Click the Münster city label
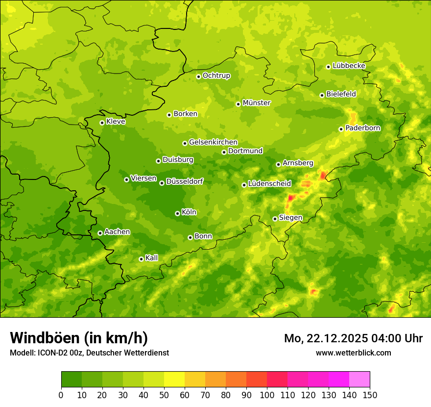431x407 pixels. coord(257,103)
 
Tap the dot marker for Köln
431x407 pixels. coord(177,213)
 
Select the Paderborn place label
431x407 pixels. coord(362,128)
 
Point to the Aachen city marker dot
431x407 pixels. coord(100,233)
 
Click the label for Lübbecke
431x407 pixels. coord(349,66)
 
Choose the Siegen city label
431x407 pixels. coord(290,218)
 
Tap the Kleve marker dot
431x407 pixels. coord(102,123)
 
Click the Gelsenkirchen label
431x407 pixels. coord(213,142)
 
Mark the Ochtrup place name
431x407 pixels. coord(216,76)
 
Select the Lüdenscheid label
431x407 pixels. coord(269,184)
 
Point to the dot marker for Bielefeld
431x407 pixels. coord(322,95)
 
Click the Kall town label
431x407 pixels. coord(152,258)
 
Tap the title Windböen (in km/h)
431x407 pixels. coord(78,338)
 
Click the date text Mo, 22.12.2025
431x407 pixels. coord(327,338)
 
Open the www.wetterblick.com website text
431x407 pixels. coord(353,353)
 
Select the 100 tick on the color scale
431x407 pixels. coord(267,395)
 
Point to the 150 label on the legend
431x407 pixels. coord(370,395)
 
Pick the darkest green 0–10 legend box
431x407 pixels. coord(72,380)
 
